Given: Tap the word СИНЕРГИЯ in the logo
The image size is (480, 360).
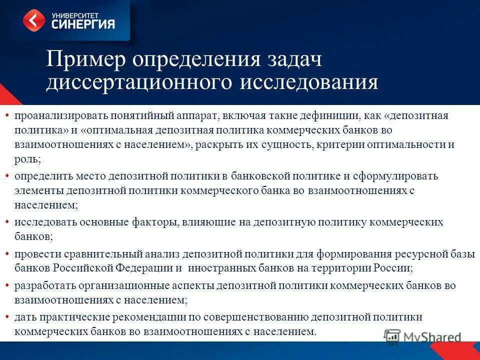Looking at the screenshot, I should click(x=83, y=23).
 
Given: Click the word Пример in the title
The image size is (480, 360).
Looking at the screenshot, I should click(x=84, y=60).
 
